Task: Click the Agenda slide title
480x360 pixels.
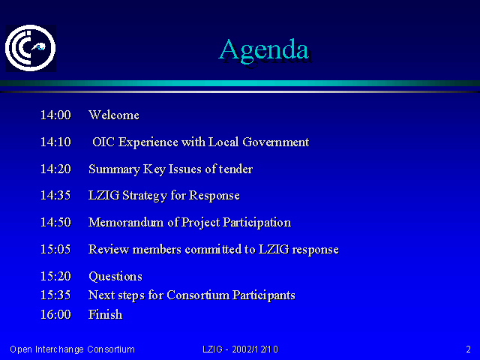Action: click(x=264, y=50)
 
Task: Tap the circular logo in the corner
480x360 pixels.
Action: click(x=30, y=48)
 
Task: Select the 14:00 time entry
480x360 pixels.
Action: click(x=55, y=115)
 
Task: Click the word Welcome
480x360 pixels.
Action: click(x=114, y=115)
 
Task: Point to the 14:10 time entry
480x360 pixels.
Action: click(x=55, y=142)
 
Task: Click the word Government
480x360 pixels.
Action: click(x=276, y=142)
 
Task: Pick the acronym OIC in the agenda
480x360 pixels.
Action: click(x=103, y=142)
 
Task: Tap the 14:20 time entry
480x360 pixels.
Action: click(x=55, y=169)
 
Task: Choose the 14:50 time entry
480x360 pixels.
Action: click(x=55, y=222)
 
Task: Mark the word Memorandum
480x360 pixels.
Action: click(x=126, y=222)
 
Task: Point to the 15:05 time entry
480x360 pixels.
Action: click(x=55, y=249)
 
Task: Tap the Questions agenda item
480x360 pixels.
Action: click(x=115, y=277)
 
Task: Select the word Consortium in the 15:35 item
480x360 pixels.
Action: click(x=198, y=295)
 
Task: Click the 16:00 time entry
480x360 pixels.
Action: click(x=55, y=315)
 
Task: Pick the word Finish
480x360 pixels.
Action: click(x=105, y=315)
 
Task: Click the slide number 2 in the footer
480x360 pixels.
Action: click(x=468, y=349)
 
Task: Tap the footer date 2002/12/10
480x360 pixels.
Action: click(x=255, y=349)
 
